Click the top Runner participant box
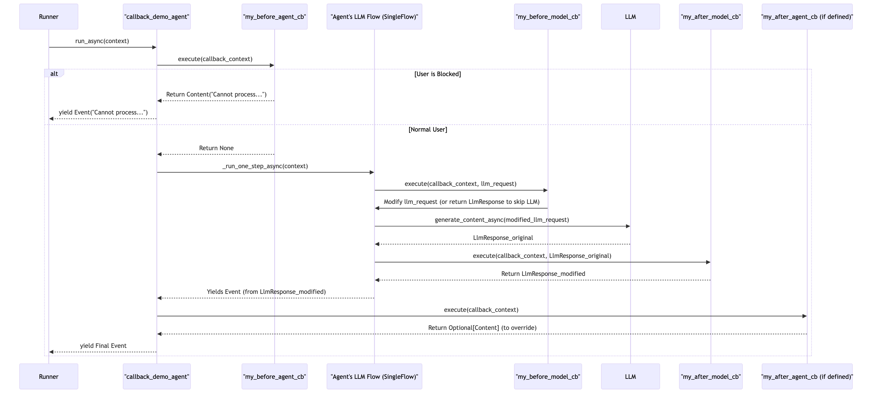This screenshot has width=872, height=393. (x=49, y=17)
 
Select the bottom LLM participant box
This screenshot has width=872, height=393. (x=630, y=376)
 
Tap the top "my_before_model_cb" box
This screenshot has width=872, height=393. (x=548, y=17)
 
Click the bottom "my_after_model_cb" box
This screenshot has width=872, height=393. (x=711, y=376)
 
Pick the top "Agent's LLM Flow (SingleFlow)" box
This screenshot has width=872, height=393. (x=374, y=17)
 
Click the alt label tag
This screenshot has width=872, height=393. (x=54, y=73)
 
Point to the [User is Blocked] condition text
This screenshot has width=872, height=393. (x=437, y=74)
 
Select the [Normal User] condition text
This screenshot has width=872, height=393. (x=428, y=129)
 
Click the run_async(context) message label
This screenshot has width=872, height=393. (x=102, y=41)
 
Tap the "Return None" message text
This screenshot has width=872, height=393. (x=216, y=148)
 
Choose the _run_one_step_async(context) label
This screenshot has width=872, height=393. (x=265, y=166)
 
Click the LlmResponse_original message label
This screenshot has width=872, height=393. (x=503, y=238)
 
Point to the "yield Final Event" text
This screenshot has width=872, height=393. (x=103, y=345)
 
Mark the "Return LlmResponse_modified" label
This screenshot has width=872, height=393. (x=543, y=274)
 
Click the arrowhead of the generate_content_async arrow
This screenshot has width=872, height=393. (x=628, y=226)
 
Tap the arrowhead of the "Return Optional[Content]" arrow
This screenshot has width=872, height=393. (x=159, y=334)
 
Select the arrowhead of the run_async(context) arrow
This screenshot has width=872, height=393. (x=154, y=47)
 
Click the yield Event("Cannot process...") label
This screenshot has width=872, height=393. (x=103, y=112)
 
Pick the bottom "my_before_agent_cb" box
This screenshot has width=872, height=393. (x=275, y=376)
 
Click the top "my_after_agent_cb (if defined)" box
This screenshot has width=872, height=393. (x=807, y=17)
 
